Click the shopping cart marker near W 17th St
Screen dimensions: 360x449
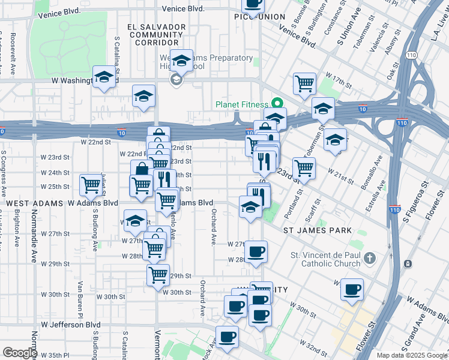304,83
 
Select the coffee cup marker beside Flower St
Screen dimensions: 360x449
351,290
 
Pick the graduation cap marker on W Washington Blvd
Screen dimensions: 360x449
104,79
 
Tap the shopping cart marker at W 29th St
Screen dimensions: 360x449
158,275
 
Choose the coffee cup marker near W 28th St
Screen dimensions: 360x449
256,251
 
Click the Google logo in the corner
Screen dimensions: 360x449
20,353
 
